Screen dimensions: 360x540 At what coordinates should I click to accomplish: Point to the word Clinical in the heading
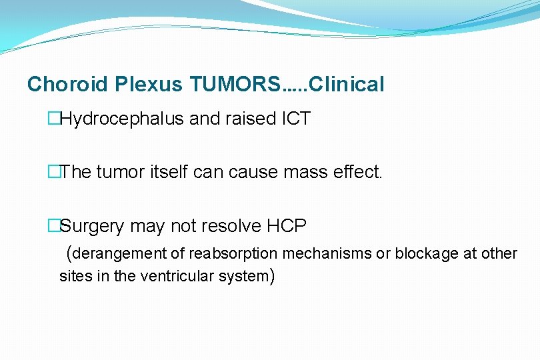pyautogui.click(x=347, y=85)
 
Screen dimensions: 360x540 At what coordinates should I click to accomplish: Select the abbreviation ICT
pyautogui.click(x=295, y=119)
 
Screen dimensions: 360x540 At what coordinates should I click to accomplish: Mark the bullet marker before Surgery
pyautogui.click(x=53, y=227)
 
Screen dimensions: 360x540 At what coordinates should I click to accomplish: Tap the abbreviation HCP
pyautogui.click(x=286, y=227)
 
